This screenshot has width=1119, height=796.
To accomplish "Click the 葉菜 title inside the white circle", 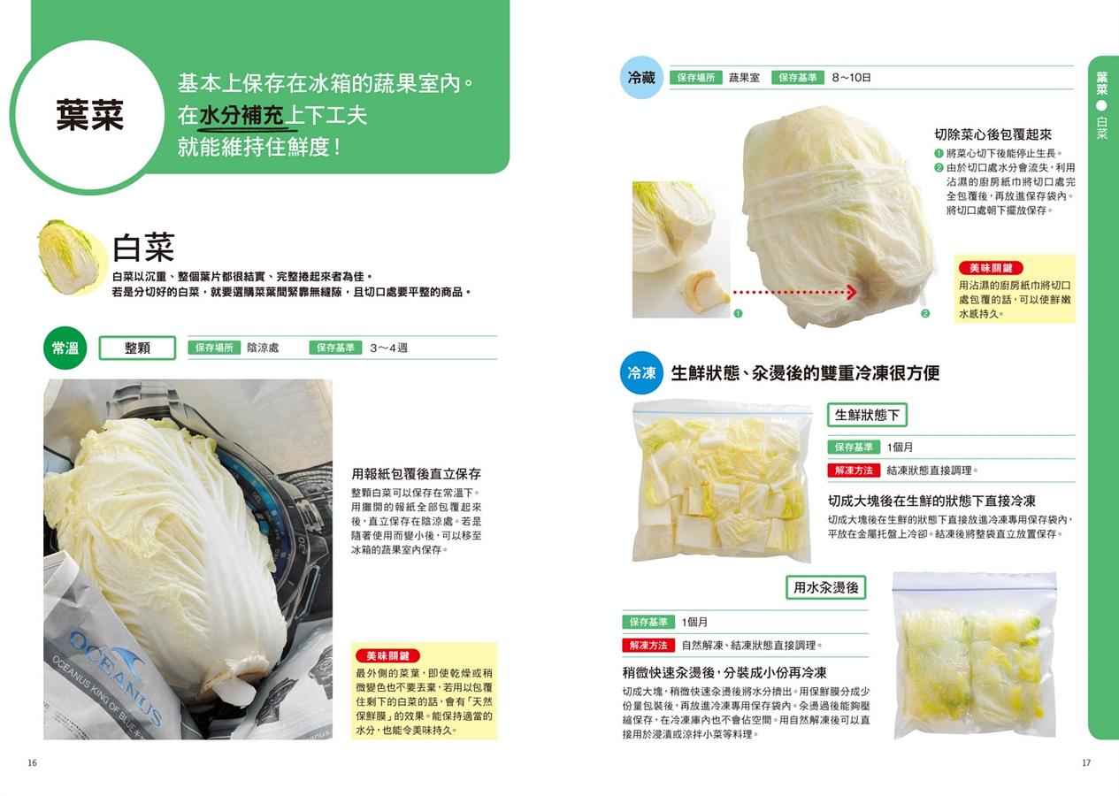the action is click(x=90, y=115).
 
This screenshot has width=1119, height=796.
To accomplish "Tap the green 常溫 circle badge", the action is click(x=65, y=348).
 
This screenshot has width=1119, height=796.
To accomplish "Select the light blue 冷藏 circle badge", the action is click(x=641, y=78).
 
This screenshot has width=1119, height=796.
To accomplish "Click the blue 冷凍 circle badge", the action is click(x=641, y=372).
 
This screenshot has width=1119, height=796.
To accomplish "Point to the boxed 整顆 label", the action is click(x=137, y=348).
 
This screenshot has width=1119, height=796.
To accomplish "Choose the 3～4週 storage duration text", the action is click(x=388, y=348).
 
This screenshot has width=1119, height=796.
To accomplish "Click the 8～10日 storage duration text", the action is click(x=851, y=78).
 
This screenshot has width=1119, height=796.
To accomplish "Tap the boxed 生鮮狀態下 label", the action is click(x=867, y=415).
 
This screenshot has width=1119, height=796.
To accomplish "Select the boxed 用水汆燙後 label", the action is click(x=826, y=587).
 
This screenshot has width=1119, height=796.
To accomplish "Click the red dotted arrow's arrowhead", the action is click(x=852, y=292).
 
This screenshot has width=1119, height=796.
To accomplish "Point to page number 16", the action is click(x=33, y=762).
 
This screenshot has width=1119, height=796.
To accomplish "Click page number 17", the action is click(x=1086, y=762).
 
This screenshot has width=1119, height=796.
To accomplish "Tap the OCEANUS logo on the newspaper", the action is click(x=115, y=670).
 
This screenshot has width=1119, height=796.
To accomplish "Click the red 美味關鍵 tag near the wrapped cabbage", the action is click(x=991, y=268).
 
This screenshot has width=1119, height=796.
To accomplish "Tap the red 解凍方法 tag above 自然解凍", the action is click(x=648, y=645).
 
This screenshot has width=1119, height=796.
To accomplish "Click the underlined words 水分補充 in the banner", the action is click(x=241, y=116).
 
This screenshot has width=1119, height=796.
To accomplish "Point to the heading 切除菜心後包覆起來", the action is click(x=993, y=134).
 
